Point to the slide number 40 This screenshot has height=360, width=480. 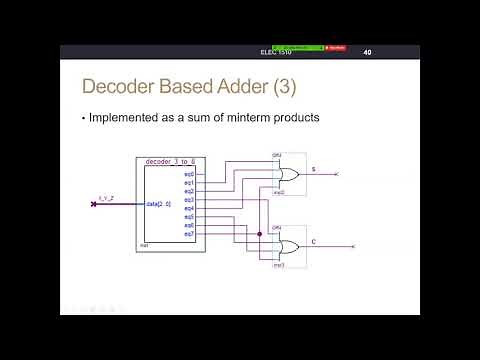pyautogui.click(x=367, y=52)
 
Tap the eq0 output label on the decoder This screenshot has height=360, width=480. pyautogui.click(x=189, y=175)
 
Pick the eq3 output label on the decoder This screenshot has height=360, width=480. pyautogui.click(x=189, y=199)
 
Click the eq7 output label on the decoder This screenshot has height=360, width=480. pyautogui.click(x=189, y=233)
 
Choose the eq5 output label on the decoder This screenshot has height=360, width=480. pyautogui.click(x=189, y=216)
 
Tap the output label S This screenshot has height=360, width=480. pyautogui.click(x=313, y=169)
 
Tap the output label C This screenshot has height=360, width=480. pyautogui.click(x=313, y=241)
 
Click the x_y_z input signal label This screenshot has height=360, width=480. pyautogui.click(x=104, y=200)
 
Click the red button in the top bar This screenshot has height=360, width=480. pyautogui.click(x=337, y=47)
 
